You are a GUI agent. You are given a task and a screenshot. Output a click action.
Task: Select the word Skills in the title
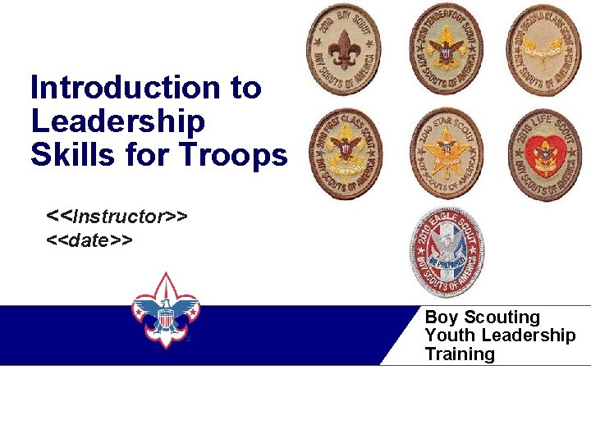click(71, 154)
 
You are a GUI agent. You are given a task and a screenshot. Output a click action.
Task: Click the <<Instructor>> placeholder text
click(118, 217)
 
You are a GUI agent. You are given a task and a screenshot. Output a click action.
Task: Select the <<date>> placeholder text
click(90, 240)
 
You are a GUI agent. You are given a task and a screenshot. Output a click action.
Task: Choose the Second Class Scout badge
click(543, 49)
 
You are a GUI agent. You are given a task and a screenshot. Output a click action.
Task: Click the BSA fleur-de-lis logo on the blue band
click(166, 310)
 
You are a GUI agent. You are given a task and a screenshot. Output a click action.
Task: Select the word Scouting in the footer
click(502, 317)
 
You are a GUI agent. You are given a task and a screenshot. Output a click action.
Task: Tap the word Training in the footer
click(460, 354)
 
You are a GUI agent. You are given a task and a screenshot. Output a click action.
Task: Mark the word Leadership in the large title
click(117, 121)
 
